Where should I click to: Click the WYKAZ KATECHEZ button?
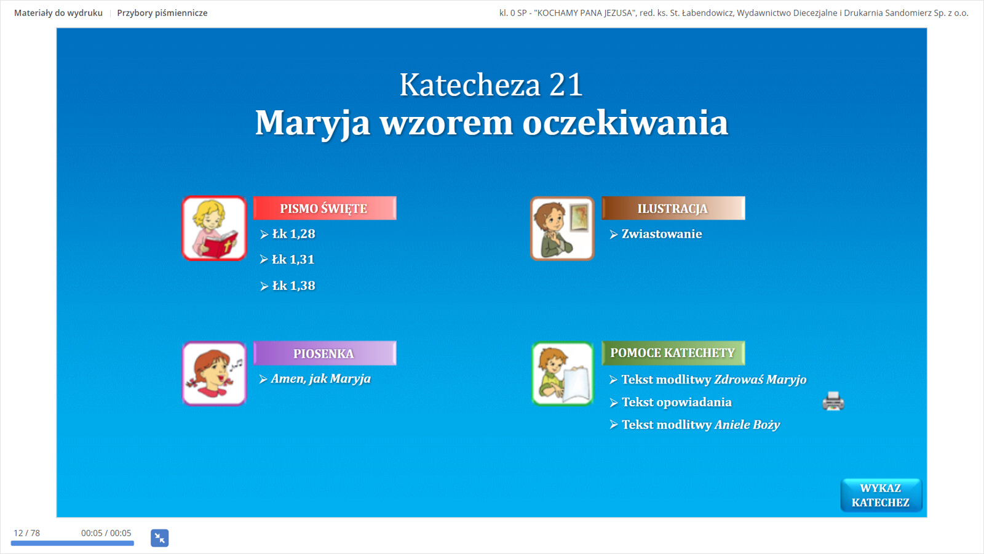pyautogui.click(x=881, y=495)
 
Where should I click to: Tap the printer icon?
pyautogui.click(x=833, y=401)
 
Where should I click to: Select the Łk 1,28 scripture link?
pyautogui.click(x=288, y=234)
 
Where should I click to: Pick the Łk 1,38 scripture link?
pyautogui.click(x=288, y=286)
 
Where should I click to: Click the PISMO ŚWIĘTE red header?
pyautogui.click(x=325, y=208)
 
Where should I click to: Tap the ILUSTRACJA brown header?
pyautogui.click(x=673, y=208)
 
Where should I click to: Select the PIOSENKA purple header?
pyautogui.click(x=325, y=353)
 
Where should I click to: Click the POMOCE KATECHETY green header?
pyautogui.click(x=673, y=353)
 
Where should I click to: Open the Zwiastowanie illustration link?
pyautogui.click(x=656, y=234)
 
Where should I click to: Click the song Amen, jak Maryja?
pyautogui.click(x=315, y=379)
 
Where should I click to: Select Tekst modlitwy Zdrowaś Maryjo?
pyautogui.click(x=708, y=379)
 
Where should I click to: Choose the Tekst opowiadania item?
pyautogui.click(x=671, y=403)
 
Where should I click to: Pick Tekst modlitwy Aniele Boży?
pyautogui.click(x=695, y=425)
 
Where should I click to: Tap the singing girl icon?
pyautogui.click(x=215, y=373)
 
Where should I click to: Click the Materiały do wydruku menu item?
pyautogui.click(x=58, y=13)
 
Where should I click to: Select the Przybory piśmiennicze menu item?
pyautogui.click(x=162, y=13)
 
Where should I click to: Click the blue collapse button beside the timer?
pyautogui.click(x=159, y=538)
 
